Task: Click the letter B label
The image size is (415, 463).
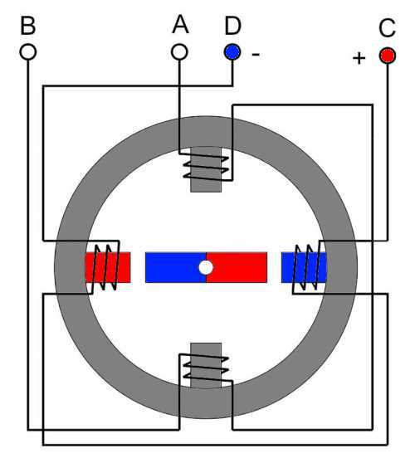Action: click(28, 26)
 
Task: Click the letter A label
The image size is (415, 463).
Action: click(180, 25)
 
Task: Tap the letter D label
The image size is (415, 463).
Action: click(232, 26)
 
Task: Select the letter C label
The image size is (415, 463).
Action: click(387, 28)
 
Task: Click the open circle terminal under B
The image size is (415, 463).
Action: click(28, 52)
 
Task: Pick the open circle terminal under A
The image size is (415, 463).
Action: click(179, 52)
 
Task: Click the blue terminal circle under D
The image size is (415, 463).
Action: click(232, 52)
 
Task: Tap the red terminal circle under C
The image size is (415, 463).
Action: click(388, 56)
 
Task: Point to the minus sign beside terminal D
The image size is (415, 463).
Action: click(256, 54)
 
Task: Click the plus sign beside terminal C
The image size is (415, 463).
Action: click(359, 58)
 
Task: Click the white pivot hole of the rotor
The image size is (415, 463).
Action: click(206, 267)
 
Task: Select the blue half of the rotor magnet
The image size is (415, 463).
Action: click(176, 267)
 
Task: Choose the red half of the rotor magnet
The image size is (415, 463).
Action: click(237, 267)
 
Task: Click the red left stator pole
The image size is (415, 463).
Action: click(108, 267)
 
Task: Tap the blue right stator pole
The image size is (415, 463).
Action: click(304, 267)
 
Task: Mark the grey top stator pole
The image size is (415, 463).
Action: click(206, 169)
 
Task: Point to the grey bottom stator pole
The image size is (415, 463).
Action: click(206, 365)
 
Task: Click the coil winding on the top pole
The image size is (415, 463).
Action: click(206, 167)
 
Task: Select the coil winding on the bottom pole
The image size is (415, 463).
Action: click(206, 367)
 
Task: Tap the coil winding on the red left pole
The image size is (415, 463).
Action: click(105, 266)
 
